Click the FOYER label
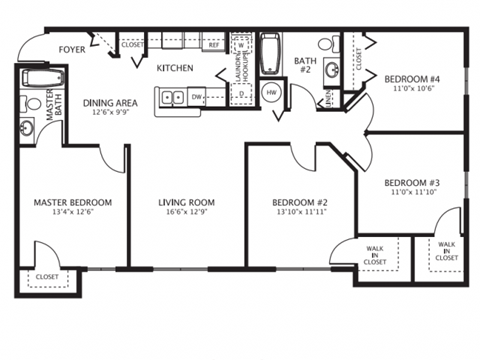point(71,45)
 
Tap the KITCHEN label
point(174,67)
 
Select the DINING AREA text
point(110,102)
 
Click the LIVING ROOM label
point(187,203)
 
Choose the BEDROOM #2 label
point(301,203)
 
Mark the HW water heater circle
point(271,93)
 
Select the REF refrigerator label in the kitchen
point(214,45)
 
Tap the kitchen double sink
point(171,97)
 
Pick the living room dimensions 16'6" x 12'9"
point(187,213)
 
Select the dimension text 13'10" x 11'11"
point(301,213)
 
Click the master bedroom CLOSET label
point(46,277)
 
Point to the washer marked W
point(242,46)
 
